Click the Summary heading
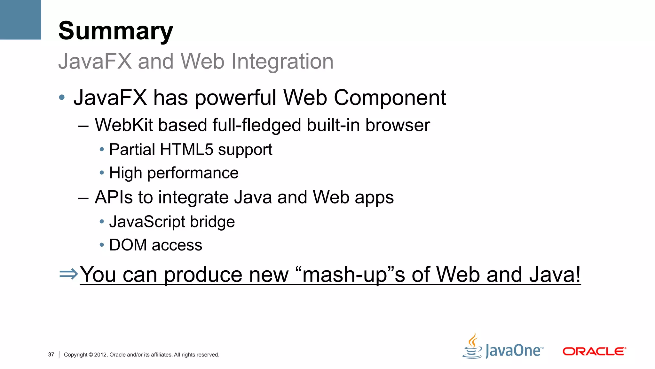115,31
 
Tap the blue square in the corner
20,20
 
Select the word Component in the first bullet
390,97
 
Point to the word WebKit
124,125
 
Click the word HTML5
186,150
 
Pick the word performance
193,173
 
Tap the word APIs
114,197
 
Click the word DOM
128,245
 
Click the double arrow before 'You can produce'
68,274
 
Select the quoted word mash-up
344,275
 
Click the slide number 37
51,355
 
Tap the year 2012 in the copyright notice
100,355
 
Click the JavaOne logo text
514,350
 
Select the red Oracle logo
594,351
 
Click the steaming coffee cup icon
472,347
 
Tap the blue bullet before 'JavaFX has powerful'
62,97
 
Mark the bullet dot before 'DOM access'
102,245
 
